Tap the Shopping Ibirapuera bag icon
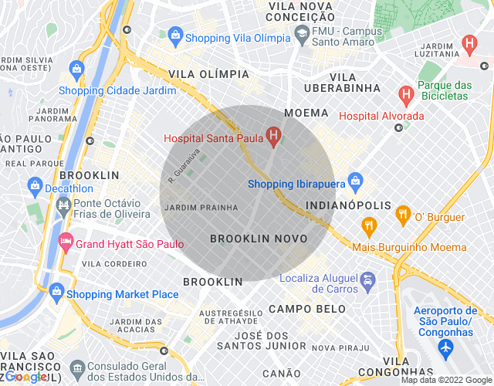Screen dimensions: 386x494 pyautogui.click(x=355, y=183)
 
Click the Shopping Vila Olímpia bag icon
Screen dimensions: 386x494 pyautogui.click(x=175, y=36)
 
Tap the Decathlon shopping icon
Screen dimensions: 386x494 pyautogui.click(x=35, y=186)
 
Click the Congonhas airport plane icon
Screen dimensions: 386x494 pyautogui.click(x=445, y=349)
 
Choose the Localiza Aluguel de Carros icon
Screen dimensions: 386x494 pyautogui.click(x=367, y=280)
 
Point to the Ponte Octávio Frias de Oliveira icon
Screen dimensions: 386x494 pyautogui.click(x=63, y=205)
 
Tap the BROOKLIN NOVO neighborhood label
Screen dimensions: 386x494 pyautogui.click(x=259, y=239)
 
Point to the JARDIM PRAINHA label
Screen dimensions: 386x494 pyautogui.click(x=201, y=207)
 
